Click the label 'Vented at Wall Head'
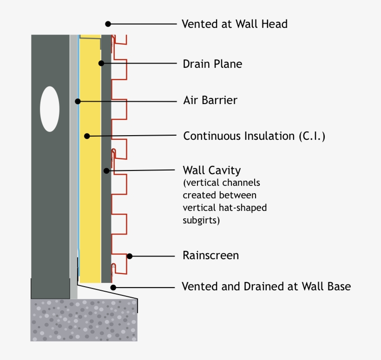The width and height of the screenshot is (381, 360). coord(235,24)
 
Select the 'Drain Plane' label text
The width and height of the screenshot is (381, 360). coord(212,64)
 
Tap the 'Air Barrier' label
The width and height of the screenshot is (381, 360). coord(210,100)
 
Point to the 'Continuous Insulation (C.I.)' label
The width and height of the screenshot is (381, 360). coord(254,136)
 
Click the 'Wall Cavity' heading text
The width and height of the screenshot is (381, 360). coord(212,170)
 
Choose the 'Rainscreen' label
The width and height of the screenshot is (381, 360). coord(210,255)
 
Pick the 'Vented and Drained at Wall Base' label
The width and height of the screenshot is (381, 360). coord(266,287)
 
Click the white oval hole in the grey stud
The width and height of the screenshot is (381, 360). coord(50,108)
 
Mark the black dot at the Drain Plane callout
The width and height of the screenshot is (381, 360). coord(101,63)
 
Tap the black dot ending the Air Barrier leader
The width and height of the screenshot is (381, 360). coord(78,100)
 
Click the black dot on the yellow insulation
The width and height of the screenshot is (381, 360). coord(86,136)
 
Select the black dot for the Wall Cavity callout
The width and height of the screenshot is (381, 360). coord(106,171)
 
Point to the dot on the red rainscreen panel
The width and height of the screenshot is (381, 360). coord(130,255)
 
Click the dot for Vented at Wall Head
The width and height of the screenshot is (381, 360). coord(108,24)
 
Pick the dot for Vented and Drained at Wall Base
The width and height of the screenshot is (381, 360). coord(113,287)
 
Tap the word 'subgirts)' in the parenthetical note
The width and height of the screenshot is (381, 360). coord(201,220)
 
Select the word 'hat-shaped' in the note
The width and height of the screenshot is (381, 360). coord(245,208)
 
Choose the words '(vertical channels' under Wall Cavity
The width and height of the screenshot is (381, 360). coord(221,183)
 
